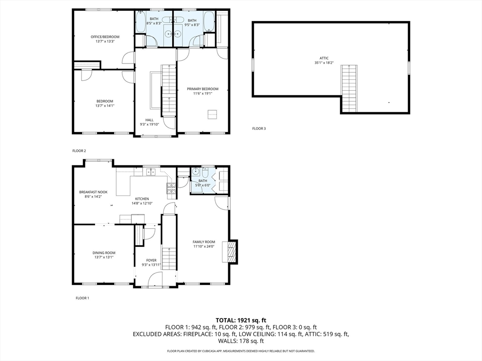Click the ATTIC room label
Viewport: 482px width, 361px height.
pyautogui.click(x=324, y=58)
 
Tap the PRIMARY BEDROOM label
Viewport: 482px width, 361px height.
pyautogui.click(x=202, y=89)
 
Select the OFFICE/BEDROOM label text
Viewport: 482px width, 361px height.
pyautogui.click(x=105, y=37)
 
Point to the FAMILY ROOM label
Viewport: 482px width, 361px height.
pyautogui.click(x=204, y=242)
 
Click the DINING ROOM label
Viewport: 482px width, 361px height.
pyautogui.click(x=104, y=253)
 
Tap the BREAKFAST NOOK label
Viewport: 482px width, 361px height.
pyautogui.click(x=93, y=192)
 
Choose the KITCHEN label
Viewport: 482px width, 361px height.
pyautogui.click(x=142, y=199)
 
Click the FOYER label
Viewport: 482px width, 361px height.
pyautogui.click(x=151, y=260)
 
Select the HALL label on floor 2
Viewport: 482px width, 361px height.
pyautogui.click(x=149, y=120)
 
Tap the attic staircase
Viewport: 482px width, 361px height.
pyautogui.click(x=349, y=88)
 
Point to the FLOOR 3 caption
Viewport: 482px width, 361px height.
pyautogui.click(x=259, y=129)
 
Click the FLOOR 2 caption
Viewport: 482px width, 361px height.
pyautogui.click(x=79, y=151)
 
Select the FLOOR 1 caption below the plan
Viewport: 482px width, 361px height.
pyautogui.click(x=82, y=298)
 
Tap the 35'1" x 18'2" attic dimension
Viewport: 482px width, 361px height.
pyautogui.click(x=324, y=63)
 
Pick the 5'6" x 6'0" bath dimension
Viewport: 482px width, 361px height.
pyautogui.click(x=203, y=185)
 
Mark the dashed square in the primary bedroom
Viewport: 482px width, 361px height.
pyautogui.click(x=213, y=114)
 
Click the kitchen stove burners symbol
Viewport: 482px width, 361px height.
pyautogui.click(x=171, y=188)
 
